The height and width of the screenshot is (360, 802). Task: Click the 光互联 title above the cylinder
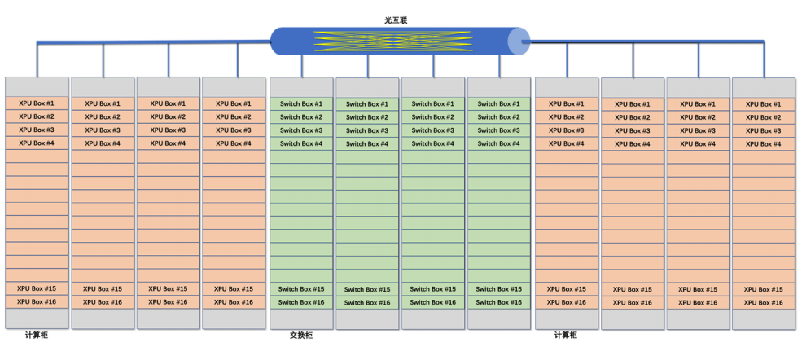tap(396, 20)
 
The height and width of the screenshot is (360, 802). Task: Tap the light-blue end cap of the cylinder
tap(518, 42)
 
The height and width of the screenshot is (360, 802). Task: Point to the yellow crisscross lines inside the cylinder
tap(392, 42)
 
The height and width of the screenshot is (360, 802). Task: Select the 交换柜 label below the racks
tap(300, 336)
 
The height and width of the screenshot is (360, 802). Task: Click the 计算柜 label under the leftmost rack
tap(37, 336)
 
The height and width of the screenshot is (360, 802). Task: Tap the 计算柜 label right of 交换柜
tap(566, 336)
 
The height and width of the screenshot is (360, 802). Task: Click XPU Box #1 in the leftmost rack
tap(37, 103)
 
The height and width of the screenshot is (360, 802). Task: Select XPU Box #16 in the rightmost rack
tap(763, 303)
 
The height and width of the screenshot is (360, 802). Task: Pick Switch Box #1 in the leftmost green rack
tap(301, 103)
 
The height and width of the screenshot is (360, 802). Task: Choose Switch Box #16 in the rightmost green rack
tap(498, 302)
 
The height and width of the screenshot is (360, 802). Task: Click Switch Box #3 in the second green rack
tap(366, 130)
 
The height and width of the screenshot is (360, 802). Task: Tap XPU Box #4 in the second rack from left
tap(103, 143)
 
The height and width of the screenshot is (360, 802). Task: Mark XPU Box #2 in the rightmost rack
tap(763, 117)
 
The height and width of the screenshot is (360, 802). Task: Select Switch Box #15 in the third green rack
tap(432, 289)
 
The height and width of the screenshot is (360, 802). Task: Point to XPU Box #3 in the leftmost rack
tap(37, 130)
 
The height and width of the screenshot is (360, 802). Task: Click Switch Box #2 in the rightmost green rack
tap(498, 117)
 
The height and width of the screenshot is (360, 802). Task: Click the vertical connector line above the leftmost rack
tap(37, 59)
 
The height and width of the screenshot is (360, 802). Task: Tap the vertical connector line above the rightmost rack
tap(765, 59)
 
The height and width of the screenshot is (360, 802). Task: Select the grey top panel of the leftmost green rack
tap(301, 87)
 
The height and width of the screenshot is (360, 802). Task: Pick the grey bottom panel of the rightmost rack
tap(764, 319)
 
